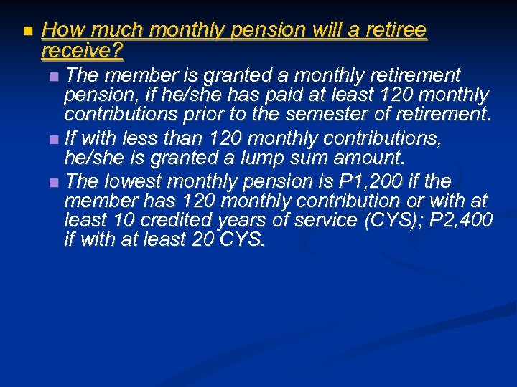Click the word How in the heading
click(x=60, y=30)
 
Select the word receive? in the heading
click(x=83, y=51)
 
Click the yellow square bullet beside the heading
click(x=27, y=32)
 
